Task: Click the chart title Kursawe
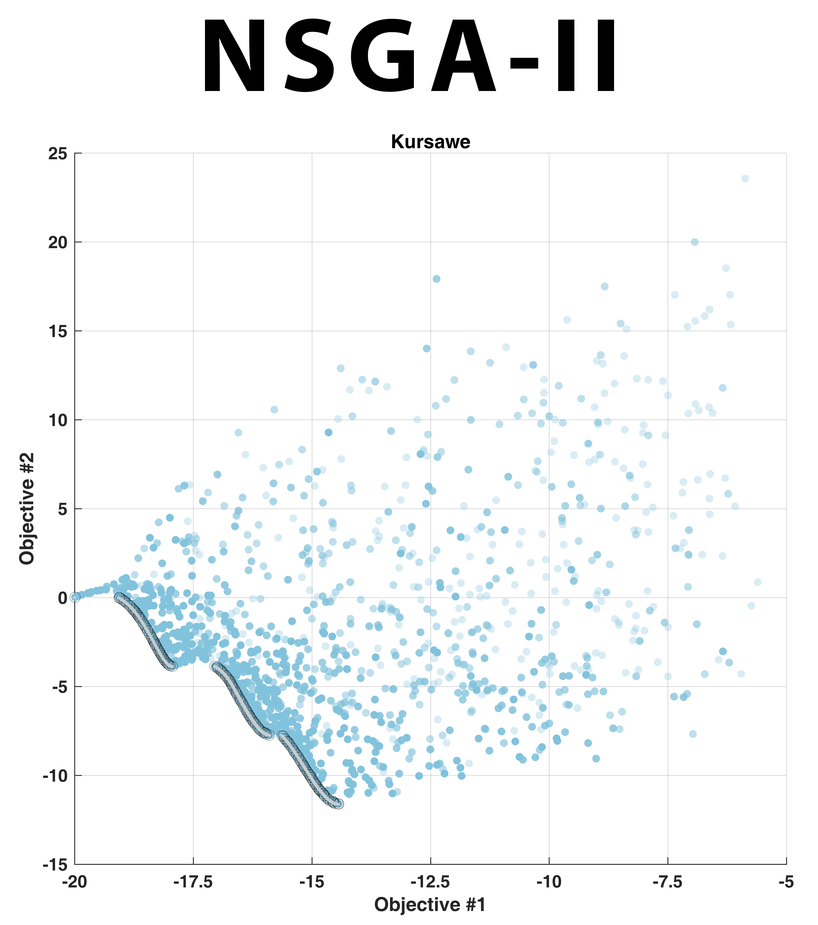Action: coord(430,142)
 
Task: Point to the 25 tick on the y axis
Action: coord(57,154)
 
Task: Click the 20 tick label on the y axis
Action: coord(57,243)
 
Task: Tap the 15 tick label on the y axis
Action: coord(57,331)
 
